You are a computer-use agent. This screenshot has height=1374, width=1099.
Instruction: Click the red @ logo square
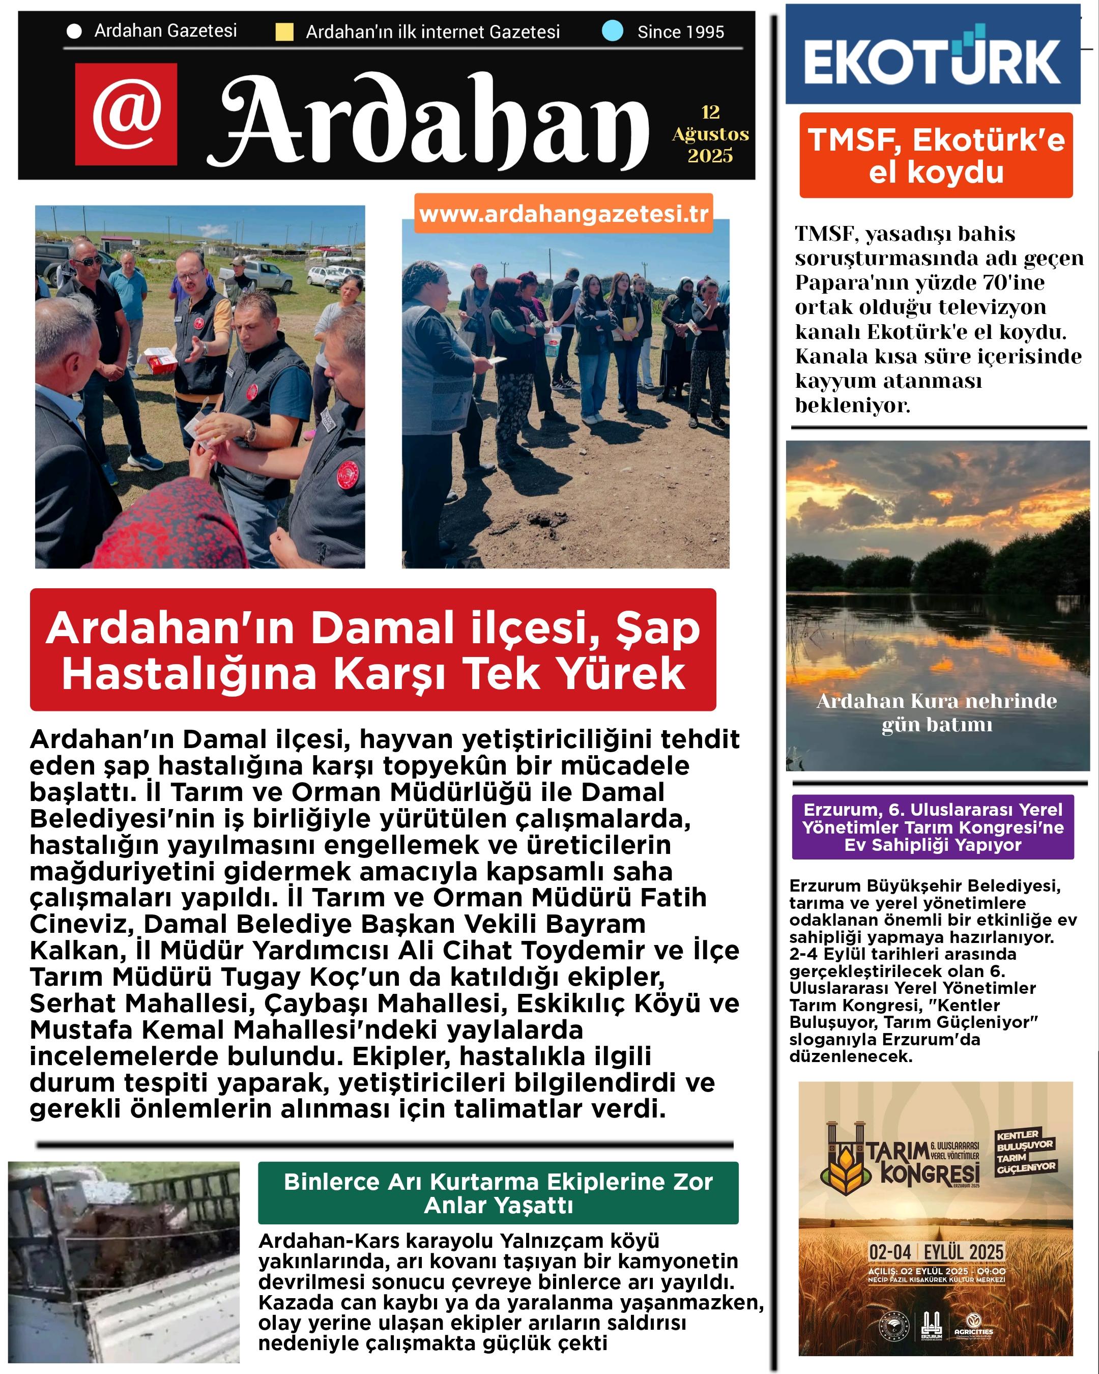(126, 114)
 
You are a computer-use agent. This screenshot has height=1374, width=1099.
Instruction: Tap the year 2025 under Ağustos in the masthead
(710, 156)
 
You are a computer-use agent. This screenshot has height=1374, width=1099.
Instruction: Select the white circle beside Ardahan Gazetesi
(74, 31)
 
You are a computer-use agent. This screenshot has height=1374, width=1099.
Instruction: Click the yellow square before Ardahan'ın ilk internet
(284, 32)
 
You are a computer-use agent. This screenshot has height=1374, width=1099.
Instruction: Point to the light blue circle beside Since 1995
(613, 31)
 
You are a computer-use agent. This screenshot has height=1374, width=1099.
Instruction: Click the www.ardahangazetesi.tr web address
(564, 214)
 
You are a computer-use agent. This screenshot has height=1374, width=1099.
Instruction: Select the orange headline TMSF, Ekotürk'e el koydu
(936, 156)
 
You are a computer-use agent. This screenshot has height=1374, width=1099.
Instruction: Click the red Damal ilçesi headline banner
(373, 649)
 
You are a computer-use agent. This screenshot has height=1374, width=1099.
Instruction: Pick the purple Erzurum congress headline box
(933, 827)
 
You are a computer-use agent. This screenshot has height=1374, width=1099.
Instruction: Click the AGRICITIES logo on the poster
(973, 1324)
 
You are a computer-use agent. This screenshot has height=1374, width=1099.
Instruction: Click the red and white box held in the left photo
(159, 359)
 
